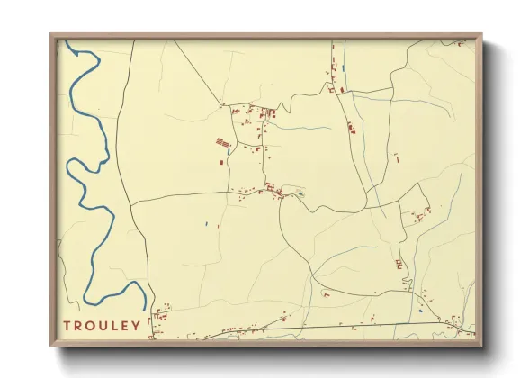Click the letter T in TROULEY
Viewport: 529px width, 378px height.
[x=67, y=325]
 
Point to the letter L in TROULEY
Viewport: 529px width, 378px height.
[x=114, y=325]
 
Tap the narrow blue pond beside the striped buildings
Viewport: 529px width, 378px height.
[x=229, y=151]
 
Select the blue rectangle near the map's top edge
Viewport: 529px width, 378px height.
[x=344, y=67]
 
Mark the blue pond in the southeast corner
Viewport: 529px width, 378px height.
[x=420, y=310]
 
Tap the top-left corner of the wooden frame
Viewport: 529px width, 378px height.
[x=50, y=35]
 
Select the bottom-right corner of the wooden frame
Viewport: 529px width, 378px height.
[x=481, y=346]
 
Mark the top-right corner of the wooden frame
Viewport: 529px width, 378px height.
[x=481, y=35]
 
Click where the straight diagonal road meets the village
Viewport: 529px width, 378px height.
[x=222, y=105]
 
